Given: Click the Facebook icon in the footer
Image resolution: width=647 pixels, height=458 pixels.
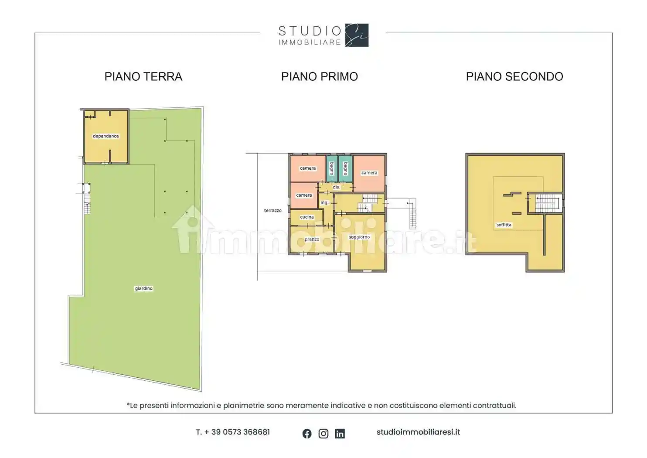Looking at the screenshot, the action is pyautogui.click(x=307, y=434).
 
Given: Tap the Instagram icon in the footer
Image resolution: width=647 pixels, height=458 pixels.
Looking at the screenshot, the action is pyautogui.click(x=323, y=434).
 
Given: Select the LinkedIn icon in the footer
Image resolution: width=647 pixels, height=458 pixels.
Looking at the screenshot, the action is pyautogui.click(x=340, y=434).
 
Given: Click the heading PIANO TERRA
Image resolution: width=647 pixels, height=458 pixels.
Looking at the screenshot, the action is pyautogui.click(x=143, y=77).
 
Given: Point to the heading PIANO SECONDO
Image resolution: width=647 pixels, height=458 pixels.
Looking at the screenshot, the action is pyautogui.click(x=514, y=77).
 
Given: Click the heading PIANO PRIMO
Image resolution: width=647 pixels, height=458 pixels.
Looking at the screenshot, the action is pyautogui.click(x=320, y=77).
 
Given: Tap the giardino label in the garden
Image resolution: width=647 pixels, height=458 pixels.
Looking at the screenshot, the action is pyautogui.click(x=143, y=288).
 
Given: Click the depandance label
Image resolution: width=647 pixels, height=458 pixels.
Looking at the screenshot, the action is pyautogui.click(x=106, y=136).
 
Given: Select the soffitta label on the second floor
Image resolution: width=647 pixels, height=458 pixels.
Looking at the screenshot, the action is pyautogui.click(x=504, y=225).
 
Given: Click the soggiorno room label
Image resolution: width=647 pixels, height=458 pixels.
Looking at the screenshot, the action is pyautogui.click(x=359, y=237).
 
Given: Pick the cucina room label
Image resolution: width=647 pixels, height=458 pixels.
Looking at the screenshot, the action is pyautogui.click(x=307, y=217).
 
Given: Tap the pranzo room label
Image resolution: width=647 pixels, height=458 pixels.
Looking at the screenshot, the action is pyautogui.click(x=312, y=239).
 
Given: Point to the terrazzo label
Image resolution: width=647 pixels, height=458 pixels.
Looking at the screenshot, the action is pyautogui.click(x=272, y=210).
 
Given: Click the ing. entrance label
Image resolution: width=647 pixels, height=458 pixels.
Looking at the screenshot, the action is pyautogui.click(x=325, y=203).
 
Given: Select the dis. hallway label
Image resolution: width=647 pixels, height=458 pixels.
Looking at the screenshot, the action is pyautogui.click(x=337, y=187).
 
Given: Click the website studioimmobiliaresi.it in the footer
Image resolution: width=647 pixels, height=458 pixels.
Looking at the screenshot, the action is pyautogui.click(x=418, y=432).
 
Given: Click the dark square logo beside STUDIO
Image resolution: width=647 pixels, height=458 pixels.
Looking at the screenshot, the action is pyautogui.click(x=357, y=35).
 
